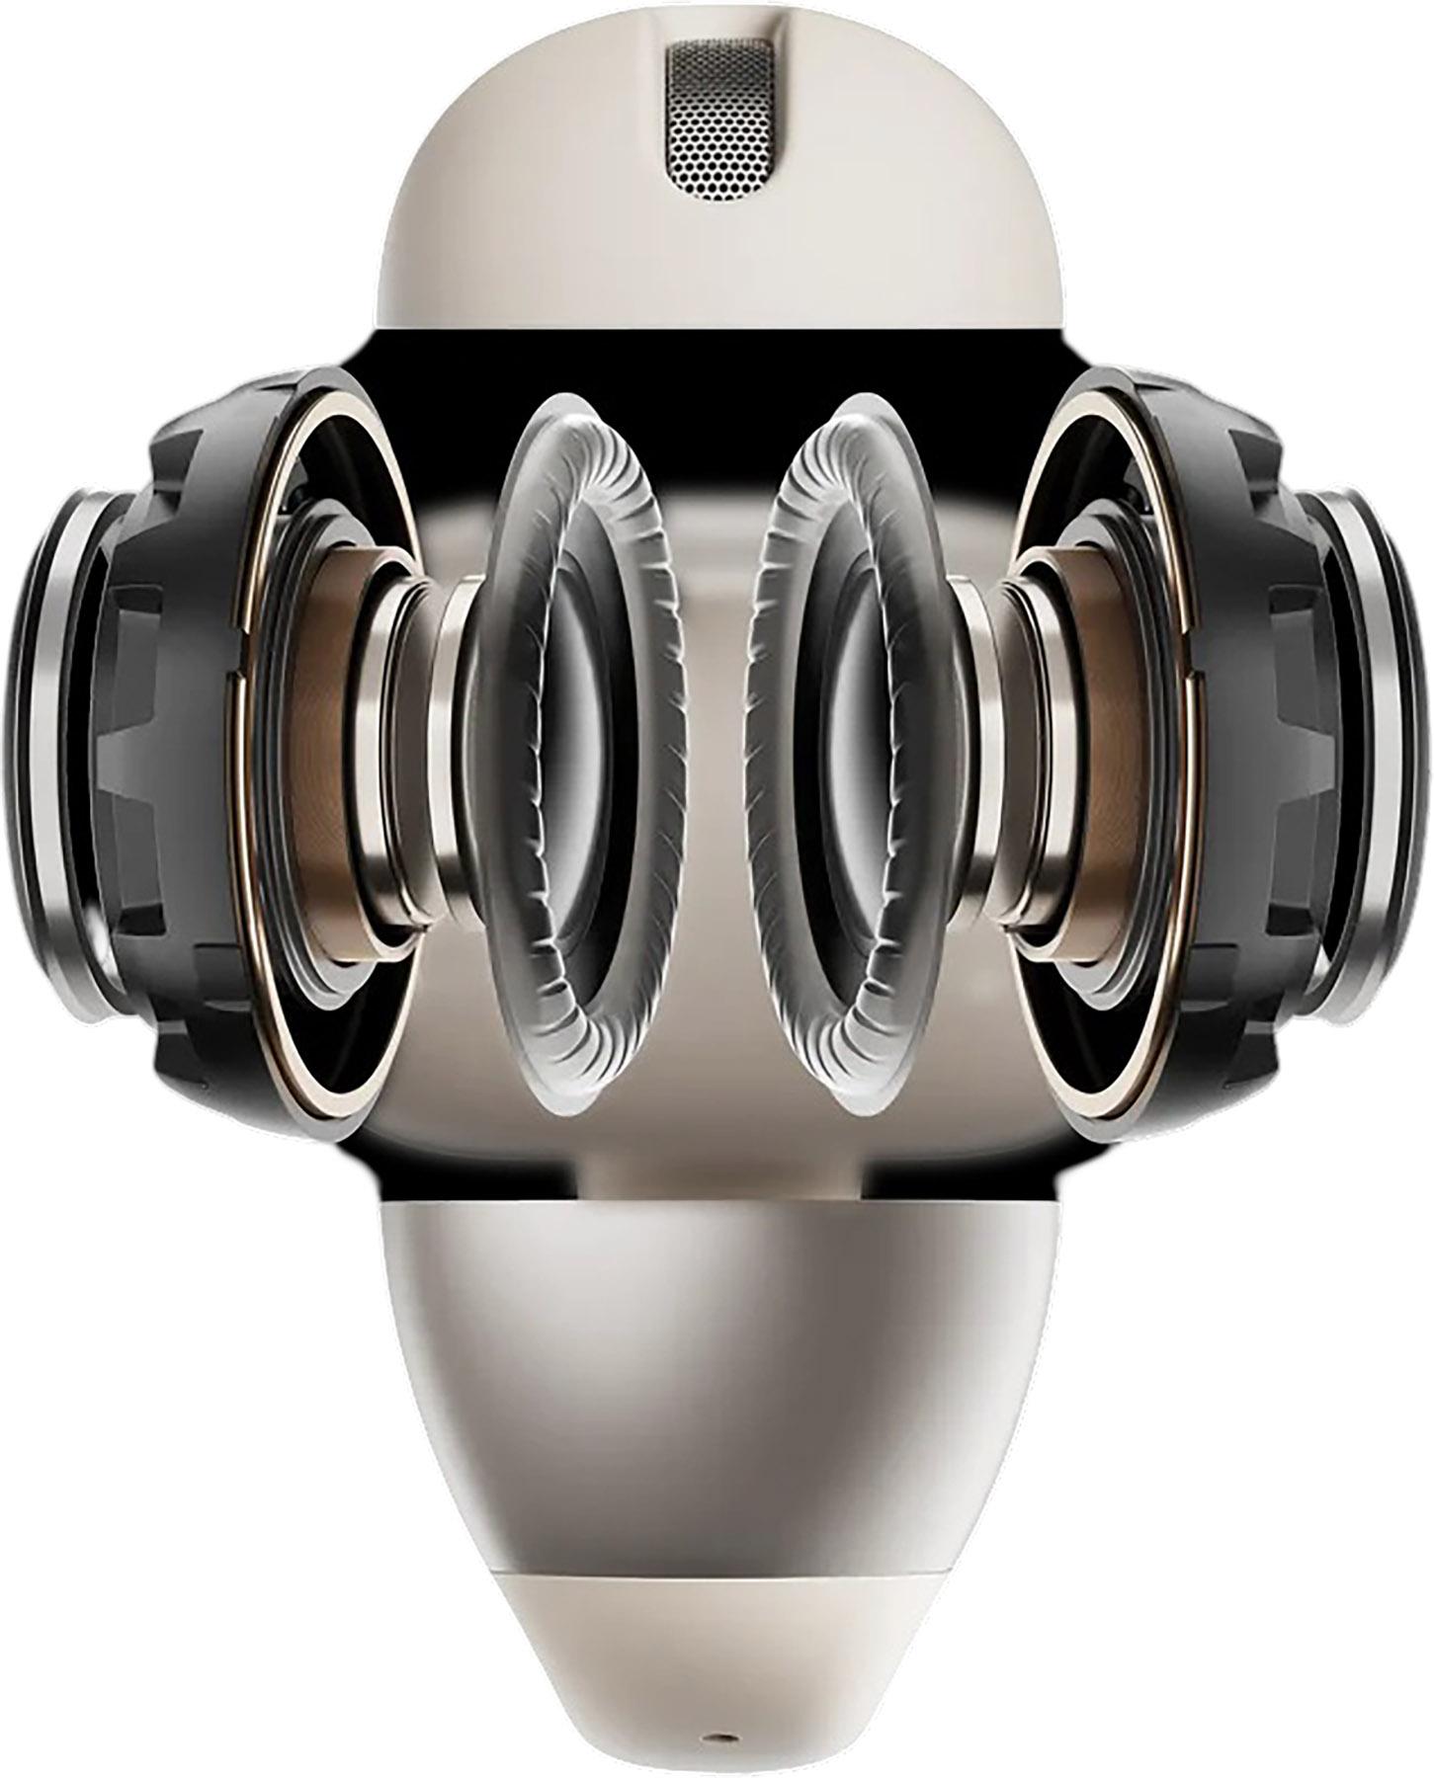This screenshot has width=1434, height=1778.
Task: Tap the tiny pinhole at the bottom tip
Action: (x=716, y=1736)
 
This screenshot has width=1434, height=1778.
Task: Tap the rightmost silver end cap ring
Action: (x=1393, y=751)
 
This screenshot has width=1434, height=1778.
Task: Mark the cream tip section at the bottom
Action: (x=716, y=1640)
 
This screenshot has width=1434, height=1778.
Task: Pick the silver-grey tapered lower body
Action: (x=716, y=1383)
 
